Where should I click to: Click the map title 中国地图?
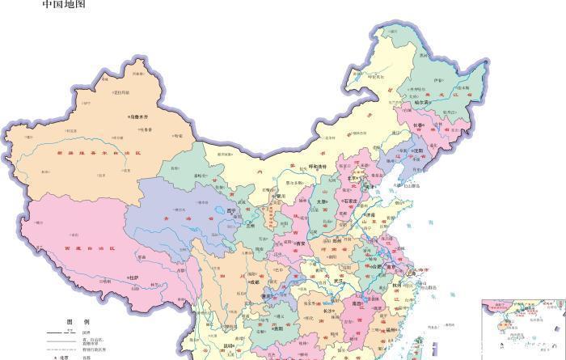click(63, 5)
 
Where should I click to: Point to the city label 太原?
click(322, 202)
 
